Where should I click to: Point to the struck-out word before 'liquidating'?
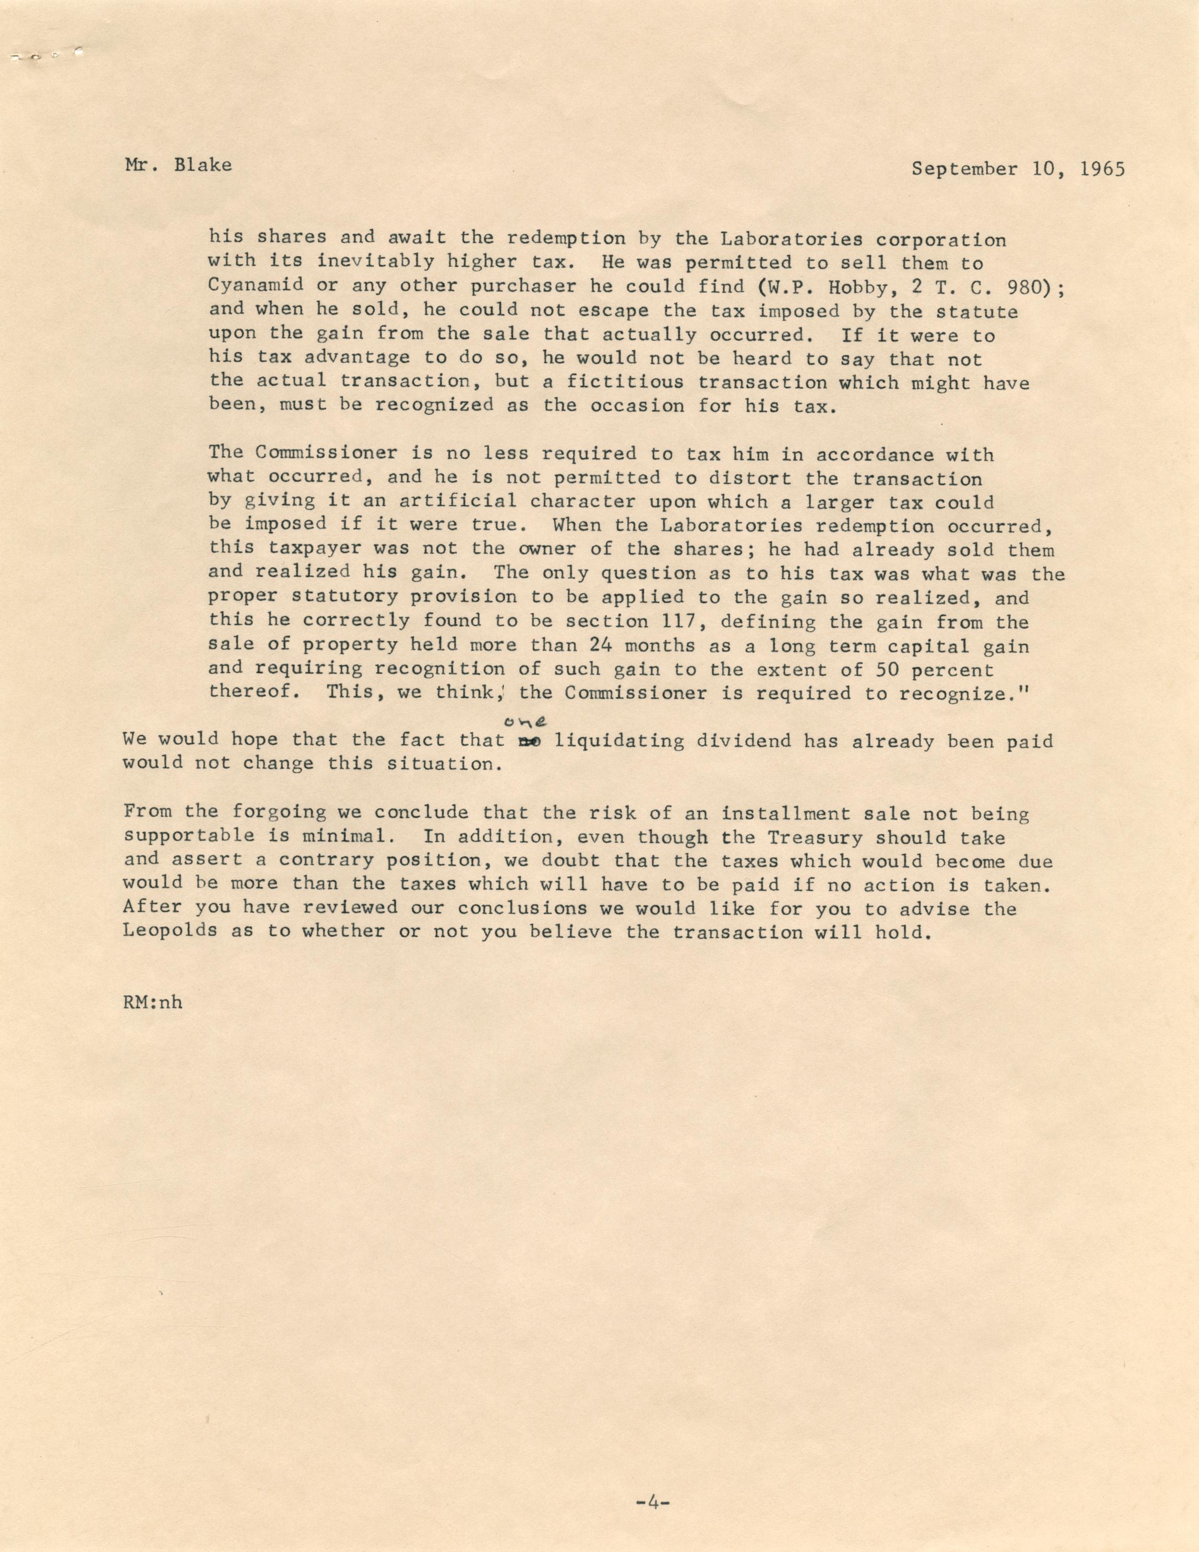click(526, 741)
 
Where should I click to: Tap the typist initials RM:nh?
click(152, 1002)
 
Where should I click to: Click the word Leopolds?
click(170, 931)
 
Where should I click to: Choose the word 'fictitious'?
click(625, 383)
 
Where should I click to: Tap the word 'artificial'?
click(457, 501)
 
